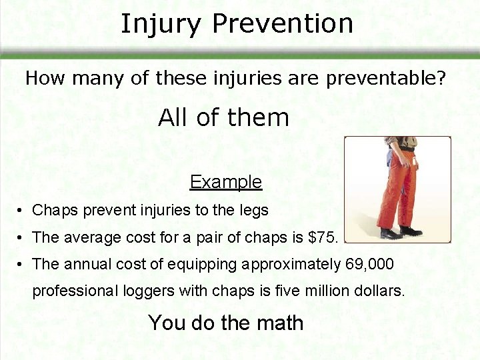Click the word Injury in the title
click(160, 24)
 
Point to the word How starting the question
click(45, 78)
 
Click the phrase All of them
click(223, 118)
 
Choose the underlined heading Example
click(225, 181)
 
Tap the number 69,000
click(370, 264)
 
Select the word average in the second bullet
click(87, 237)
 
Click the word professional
click(71, 291)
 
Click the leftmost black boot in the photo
click(389, 233)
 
